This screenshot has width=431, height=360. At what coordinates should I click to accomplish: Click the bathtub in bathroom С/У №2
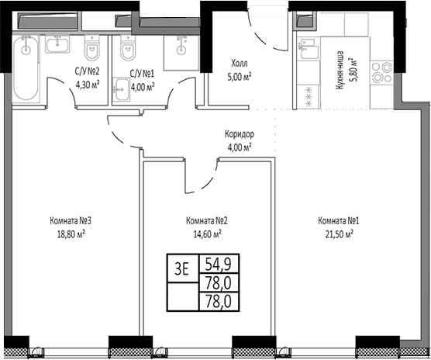point(26,67)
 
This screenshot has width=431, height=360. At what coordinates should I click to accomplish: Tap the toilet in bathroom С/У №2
point(91,48)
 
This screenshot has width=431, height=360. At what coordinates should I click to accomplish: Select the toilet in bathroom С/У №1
point(128,48)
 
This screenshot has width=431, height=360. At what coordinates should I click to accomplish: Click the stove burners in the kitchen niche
point(382,73)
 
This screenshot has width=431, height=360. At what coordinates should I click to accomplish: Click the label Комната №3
point(71,220)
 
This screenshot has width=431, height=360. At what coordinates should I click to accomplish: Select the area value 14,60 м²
point(208,234)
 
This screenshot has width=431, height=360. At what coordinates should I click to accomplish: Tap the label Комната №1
point(339,220)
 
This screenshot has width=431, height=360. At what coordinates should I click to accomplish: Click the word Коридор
point(240,134)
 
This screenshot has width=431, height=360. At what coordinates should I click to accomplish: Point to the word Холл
point(240,64)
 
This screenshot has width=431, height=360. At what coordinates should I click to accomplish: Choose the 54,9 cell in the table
point(219,264)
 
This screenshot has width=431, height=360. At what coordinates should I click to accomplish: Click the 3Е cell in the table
point(183,268)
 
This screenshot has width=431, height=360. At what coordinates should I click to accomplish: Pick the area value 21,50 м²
point(340,234)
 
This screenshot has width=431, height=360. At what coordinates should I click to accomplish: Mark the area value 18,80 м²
point(71,234)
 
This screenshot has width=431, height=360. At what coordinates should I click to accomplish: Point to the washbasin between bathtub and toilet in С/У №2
point(57,44)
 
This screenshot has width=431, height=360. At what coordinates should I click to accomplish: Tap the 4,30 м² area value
point(88,85)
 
